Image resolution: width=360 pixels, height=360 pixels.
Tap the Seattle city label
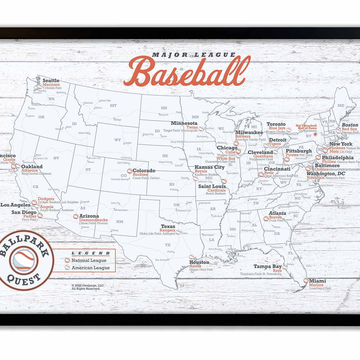coord(51,80)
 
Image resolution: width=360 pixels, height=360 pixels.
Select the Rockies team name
coord(140,175)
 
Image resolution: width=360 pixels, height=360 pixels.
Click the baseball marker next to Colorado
coord(130,171)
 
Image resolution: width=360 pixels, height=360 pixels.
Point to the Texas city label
coord(168,226)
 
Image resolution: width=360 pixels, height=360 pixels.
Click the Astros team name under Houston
coord(195,266)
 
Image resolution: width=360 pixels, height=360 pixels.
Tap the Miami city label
coord(317,281)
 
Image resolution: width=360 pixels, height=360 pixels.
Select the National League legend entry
coord(89,260)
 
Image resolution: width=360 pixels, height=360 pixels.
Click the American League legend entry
coord(91,268)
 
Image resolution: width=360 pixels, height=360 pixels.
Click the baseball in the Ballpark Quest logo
coord(24,260)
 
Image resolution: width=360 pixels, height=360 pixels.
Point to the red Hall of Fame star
coord(315,134)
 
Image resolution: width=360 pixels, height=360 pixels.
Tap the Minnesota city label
coord(184,123)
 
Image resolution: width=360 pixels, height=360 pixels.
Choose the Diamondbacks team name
coord(93,220)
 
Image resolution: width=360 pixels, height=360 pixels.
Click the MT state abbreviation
coord(113,106)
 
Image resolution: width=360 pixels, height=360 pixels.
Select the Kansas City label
coord(209,167)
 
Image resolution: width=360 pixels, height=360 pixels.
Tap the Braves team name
coord(275,217)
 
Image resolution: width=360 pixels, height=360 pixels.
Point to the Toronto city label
coord(276,124)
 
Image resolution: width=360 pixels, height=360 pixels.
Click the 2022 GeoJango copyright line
coord(88,285)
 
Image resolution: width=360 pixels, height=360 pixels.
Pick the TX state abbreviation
coord(168,245)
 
